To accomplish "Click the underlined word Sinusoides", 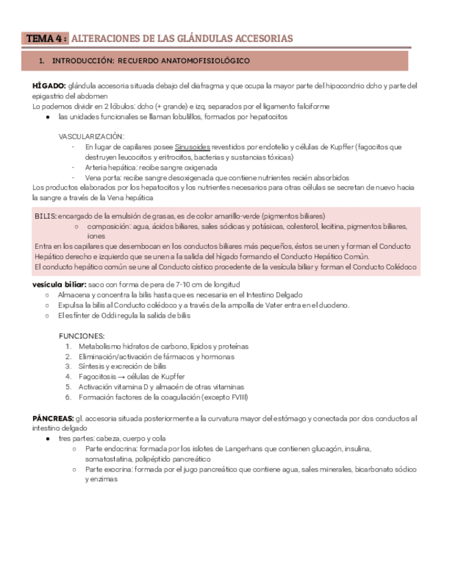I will coord(192,147).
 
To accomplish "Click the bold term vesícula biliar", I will coord(58,285).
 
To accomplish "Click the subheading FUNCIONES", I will coord(82,336).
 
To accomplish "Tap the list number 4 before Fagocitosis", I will coord(69,377).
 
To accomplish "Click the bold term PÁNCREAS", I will coord(53,418).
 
